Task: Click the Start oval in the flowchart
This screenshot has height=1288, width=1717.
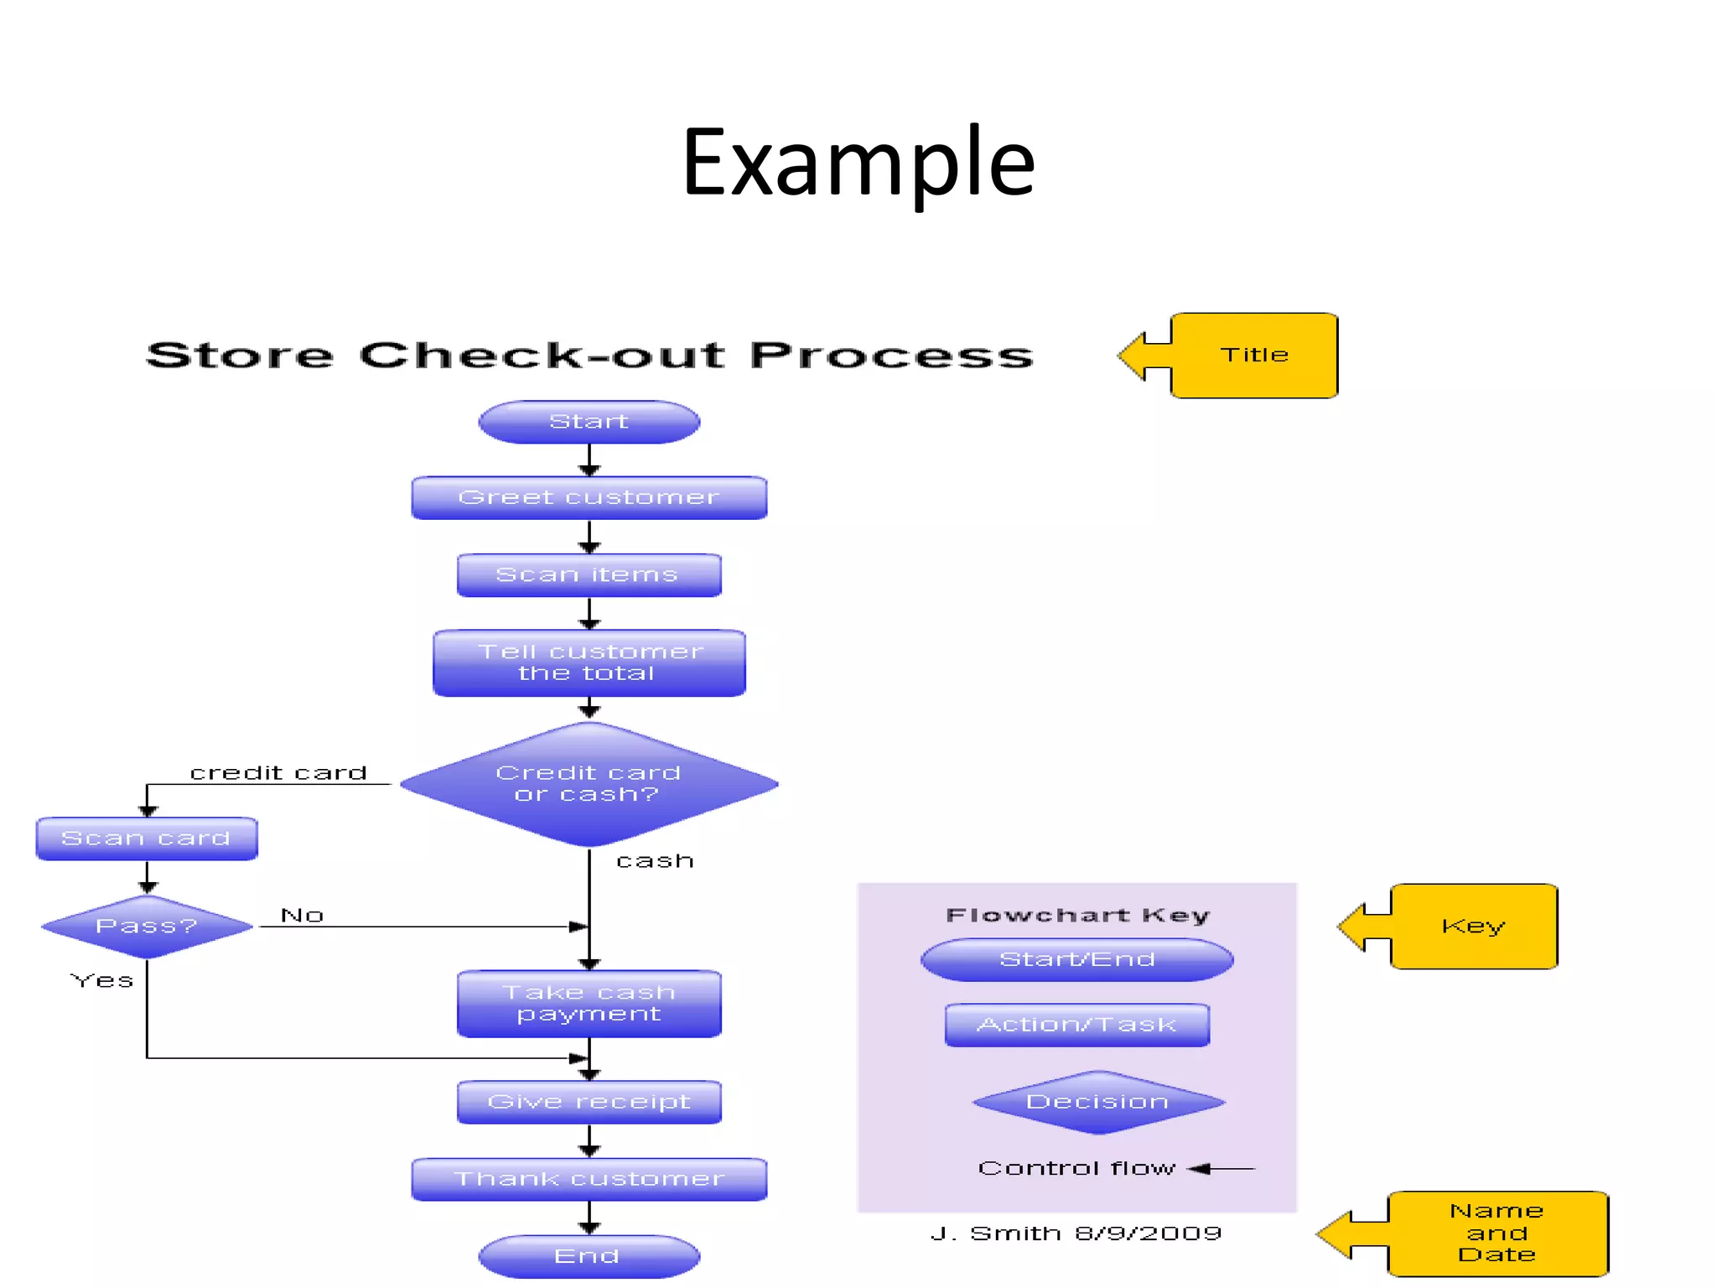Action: (589, 422)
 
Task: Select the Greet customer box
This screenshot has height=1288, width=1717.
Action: (589, 498)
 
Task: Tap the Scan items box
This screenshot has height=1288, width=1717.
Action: (589, 575)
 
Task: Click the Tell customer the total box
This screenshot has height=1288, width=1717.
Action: (589, 662)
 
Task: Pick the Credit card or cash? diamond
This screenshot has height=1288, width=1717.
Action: (589, 784)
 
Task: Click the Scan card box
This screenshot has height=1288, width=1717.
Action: (147, 839)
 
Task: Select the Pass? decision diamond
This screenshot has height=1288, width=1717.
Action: (147, 927)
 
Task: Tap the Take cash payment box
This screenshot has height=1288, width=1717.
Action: (589, 1004)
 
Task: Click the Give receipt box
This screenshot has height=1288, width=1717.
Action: (589, 1102)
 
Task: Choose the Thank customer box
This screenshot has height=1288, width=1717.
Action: (589, 1179)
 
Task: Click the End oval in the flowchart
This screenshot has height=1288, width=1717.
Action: (589, 1256)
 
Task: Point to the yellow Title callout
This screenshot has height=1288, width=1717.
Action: (1253, 356)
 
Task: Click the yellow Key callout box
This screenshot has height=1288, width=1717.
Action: (1473, 927)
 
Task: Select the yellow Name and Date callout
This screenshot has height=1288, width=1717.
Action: (1497, 1233)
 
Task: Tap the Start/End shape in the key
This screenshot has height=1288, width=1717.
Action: (1076, 959)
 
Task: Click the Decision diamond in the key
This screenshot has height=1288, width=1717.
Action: (1097, 1102)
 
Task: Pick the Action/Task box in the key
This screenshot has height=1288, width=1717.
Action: (1076, 1025)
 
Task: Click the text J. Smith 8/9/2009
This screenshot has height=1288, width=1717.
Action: (1076, 1233)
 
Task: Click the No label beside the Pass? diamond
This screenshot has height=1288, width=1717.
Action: (302, 915)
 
